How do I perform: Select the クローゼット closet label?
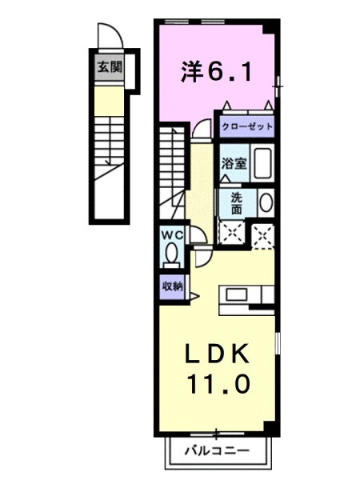pos(246,126)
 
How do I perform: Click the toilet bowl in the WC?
pos(171,254)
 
